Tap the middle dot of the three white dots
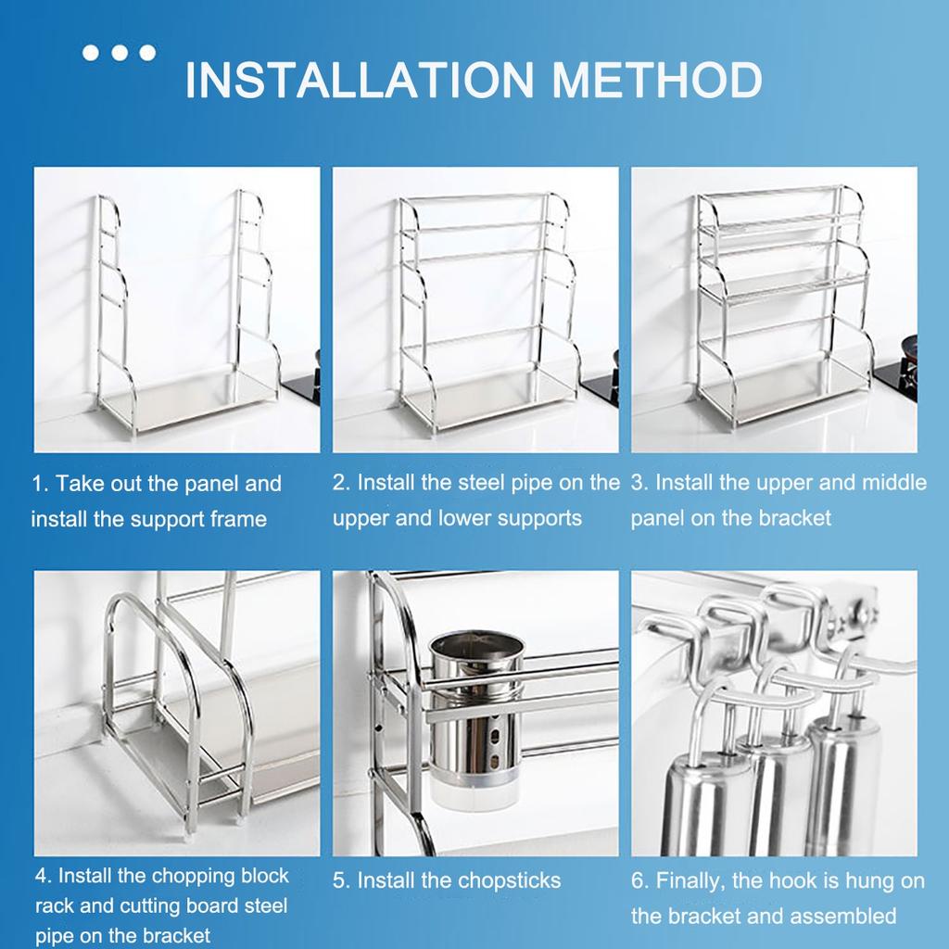[120, 53]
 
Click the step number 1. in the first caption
[41, 484]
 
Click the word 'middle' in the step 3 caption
[893, 483]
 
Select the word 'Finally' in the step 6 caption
[694, 880]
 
